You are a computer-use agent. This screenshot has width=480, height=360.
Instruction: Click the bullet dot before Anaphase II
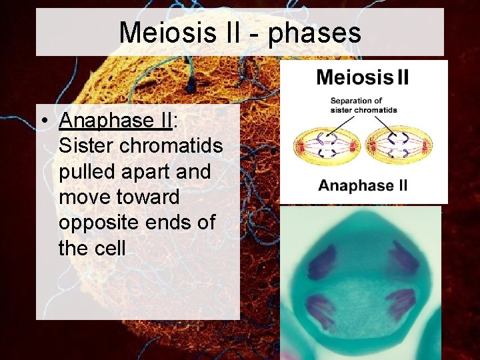(42, 121)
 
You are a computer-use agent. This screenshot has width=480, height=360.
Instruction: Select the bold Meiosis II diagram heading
(363, 77)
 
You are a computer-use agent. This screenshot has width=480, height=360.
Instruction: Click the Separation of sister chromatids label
(363, 105)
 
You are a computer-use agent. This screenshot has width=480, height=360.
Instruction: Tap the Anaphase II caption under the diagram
(363, 185)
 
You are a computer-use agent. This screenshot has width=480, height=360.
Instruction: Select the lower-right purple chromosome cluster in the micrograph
(401, 304)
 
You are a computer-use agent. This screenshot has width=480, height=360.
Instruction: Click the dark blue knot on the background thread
(192, 85)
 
